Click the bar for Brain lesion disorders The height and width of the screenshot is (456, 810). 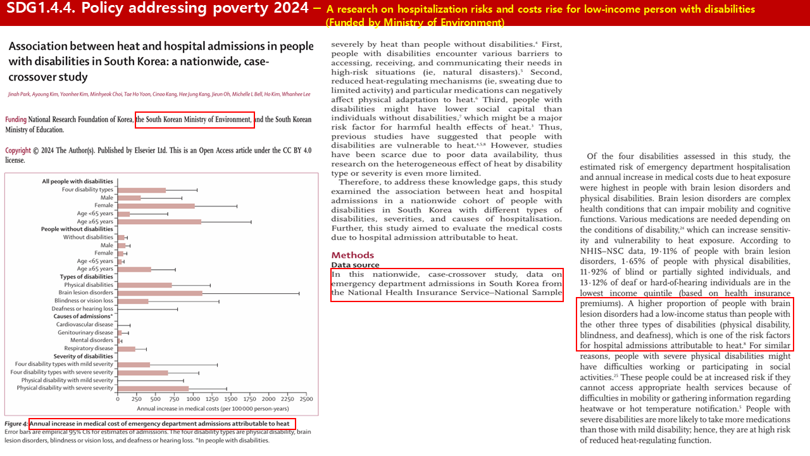coord(159,293)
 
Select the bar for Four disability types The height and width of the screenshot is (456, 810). coord(142,190)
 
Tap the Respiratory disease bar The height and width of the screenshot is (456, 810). coord(127,348)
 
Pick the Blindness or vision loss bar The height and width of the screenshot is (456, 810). coord(133,301)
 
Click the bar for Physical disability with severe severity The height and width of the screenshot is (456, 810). coord(153,388)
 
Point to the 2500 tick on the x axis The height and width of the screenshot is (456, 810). coord(306,400)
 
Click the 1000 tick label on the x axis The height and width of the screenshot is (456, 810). coord(193,400)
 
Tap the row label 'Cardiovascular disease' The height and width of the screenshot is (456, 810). coord(85,324)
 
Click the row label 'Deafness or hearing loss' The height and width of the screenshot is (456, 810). coord(82,308)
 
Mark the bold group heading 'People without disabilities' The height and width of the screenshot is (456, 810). coord(77,229)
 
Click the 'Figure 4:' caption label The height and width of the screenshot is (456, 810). coord(16,423)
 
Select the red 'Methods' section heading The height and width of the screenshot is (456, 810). coord(352,255)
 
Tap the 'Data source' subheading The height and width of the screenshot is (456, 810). coord(355,265)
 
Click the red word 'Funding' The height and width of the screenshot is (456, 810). coord(16,120)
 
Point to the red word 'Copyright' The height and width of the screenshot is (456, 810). coord(18,151)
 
